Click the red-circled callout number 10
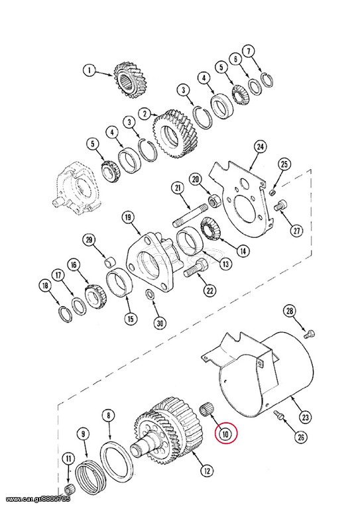(x=226, y=433)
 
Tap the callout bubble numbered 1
(x=90, y=70)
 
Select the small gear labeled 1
(x=130, y=80)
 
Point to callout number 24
(x=260, y=146)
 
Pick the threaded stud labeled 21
(x=190, y=215)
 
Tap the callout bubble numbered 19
(x=128, y=217)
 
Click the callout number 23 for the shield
(x=306, y=416)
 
